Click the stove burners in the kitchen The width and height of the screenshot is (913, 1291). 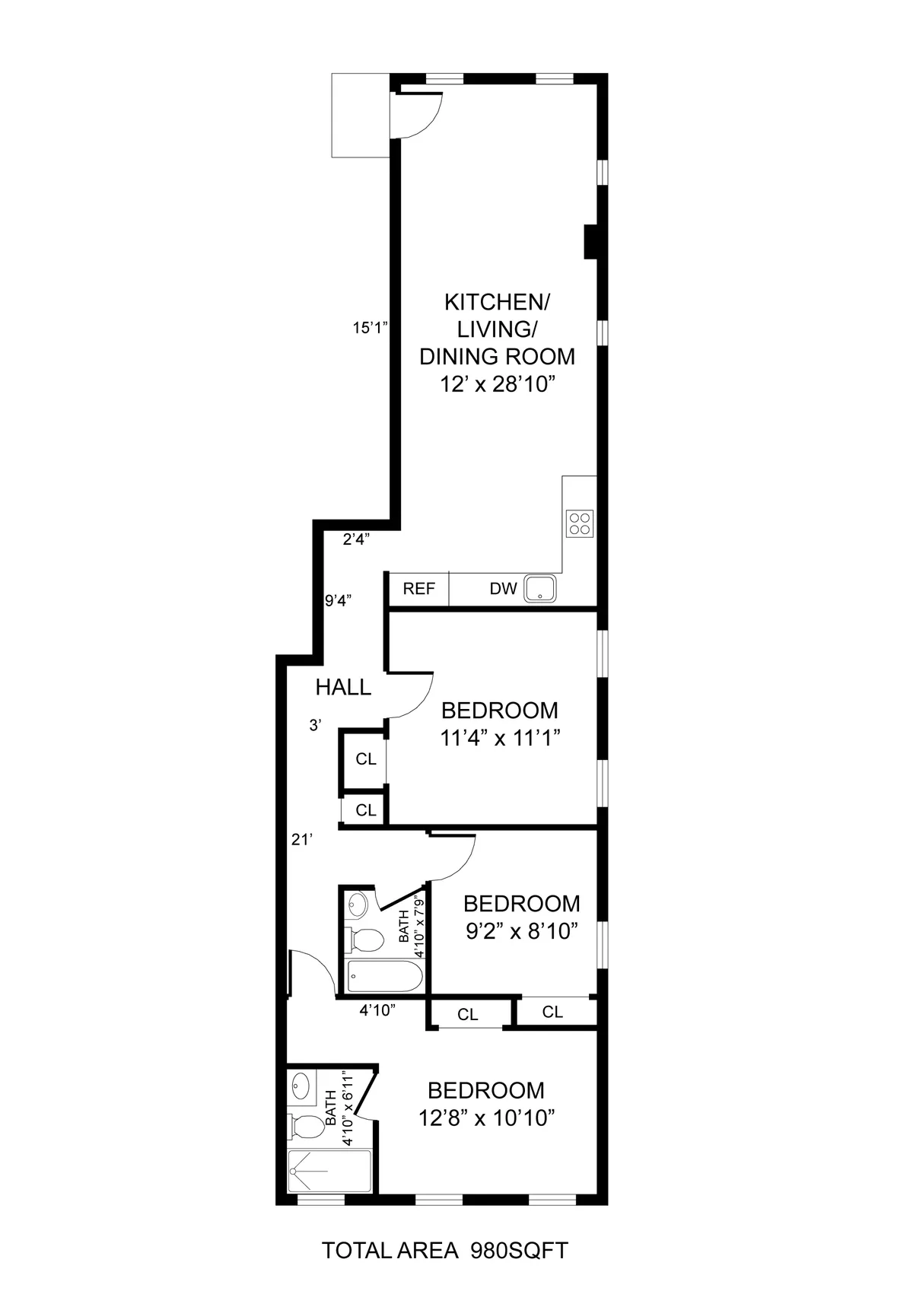[x=579, y=523]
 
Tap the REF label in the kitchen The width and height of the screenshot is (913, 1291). [x=418, y=589]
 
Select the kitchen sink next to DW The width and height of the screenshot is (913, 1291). [x=540, y=588]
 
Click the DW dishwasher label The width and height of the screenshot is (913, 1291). [x=503, y=589]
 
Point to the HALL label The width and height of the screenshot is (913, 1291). [x=343, y=688]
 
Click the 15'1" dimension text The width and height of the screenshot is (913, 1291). [x=371, y=329]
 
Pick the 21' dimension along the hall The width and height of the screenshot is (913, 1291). [x=302, y=840]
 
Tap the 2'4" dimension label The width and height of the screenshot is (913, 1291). [x=356, y=540]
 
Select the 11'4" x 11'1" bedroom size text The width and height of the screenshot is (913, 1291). [x=500, y=738]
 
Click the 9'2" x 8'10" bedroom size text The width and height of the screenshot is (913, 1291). [x=522, y=931]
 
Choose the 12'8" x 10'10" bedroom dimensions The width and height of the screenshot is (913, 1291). [x=486, y=1118]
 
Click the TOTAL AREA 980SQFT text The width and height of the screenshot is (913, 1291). [x=445, y=1251]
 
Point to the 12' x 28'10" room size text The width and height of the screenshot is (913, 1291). [x=495, y=385]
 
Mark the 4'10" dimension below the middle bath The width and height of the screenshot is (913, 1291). [x=377, y=1010]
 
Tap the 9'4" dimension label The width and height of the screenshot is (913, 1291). [x=338, y=601]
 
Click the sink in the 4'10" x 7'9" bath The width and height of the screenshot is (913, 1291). [x=358, y=905]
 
